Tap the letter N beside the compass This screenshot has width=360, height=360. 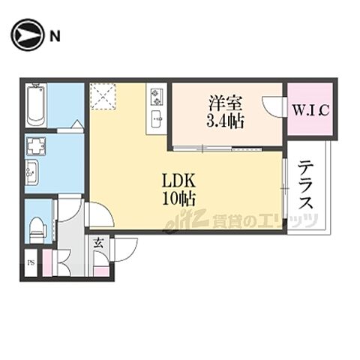[x=55, y=37]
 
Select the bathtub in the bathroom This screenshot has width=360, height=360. [x=36, y=106]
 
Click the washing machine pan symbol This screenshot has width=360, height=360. [x=36, y=146]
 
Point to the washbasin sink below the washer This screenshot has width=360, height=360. [x=31, y=172]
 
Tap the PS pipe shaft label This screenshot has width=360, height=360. [x=31, y=262]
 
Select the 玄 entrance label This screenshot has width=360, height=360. [x=98, y=243]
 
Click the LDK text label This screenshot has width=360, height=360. [x=178, y=181]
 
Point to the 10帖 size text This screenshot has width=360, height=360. [x=178, y=199]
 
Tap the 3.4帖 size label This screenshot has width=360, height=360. [x=225, y=121]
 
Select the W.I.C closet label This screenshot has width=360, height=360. [x=310, y=110]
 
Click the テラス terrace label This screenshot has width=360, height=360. [x=305, y=185]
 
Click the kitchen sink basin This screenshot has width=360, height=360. [x=157, y=119]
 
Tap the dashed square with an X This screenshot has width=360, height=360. [x=103, y=96]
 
